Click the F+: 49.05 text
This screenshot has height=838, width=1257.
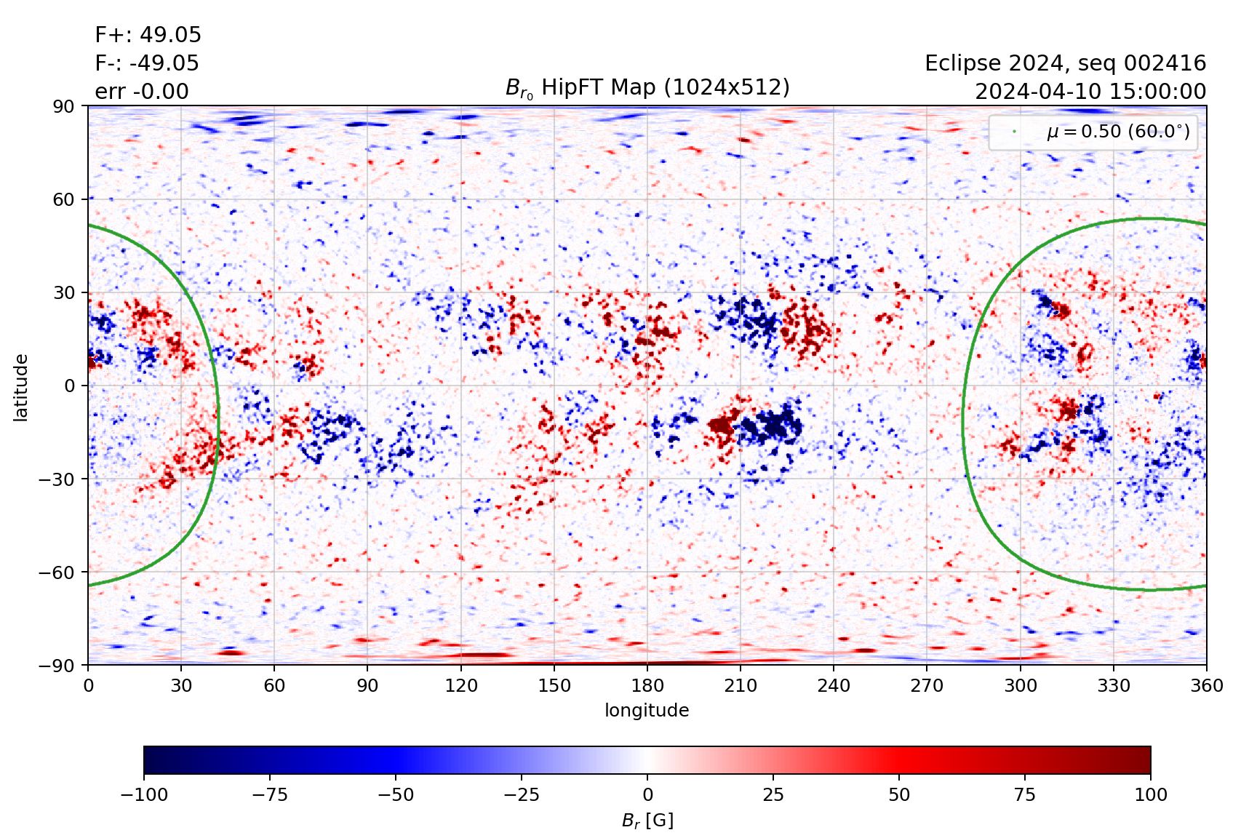tap(148, 35)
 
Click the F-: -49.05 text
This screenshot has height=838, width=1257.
tap(146, 63)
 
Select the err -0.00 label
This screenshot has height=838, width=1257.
tap(141, 92)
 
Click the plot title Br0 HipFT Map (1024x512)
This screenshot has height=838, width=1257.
tap(647, 88)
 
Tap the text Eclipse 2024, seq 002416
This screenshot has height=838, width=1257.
tap(1065, 63)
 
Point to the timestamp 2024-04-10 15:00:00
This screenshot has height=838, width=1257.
tap(1090, 92)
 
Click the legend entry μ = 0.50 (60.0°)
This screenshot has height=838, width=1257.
tap(1117, 132)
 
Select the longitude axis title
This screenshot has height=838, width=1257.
tap(647, 710)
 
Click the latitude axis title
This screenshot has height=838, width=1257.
tap(20, 387)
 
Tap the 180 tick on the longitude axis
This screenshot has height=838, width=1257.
tap(647, 685)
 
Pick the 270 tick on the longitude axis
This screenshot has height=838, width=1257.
tap(926, 685)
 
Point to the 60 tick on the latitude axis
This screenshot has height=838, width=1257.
tap(64, 199)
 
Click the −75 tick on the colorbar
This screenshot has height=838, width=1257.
tap(269, 794)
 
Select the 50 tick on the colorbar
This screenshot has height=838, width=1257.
tap(899, 794)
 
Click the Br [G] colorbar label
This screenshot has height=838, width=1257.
tap(647, 821)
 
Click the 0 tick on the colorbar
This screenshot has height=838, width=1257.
tap(647, 794)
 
